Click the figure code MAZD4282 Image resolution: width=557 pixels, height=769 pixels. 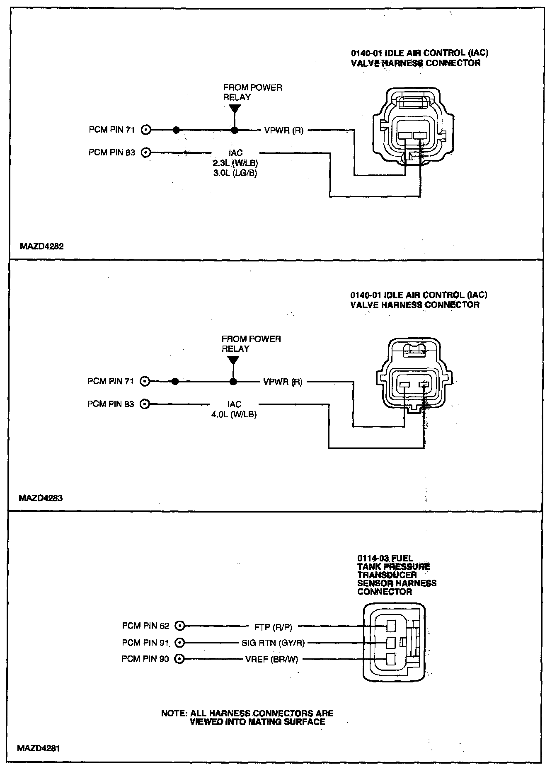click(41, 246)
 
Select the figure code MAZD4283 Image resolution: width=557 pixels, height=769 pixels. click(41, 498)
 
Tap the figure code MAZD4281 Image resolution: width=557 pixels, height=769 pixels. click(40, 749)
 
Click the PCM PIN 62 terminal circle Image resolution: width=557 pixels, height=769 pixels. click(180, 626)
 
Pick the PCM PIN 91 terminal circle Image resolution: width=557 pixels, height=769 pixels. click(180, 643)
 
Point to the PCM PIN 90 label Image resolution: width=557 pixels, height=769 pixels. click(145, 659)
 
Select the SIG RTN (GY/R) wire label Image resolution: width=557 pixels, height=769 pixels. click(273, 643)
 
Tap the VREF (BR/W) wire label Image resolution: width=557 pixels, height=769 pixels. click(272, 659)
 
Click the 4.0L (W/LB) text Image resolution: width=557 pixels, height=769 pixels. click(234, 414)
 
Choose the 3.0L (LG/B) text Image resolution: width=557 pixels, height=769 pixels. click(235, 174)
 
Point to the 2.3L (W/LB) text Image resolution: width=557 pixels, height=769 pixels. click(235, 164)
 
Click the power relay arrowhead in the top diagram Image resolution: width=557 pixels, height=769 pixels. click(235, 109)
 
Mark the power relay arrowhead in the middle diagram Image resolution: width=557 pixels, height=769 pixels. click(233, 360)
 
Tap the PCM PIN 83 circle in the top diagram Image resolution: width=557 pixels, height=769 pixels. click(145, 153)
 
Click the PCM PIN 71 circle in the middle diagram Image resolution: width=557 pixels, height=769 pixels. click(145, 381)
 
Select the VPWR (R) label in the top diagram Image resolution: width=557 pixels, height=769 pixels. click(284, 131)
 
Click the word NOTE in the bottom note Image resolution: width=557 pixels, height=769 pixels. click(174, 713)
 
